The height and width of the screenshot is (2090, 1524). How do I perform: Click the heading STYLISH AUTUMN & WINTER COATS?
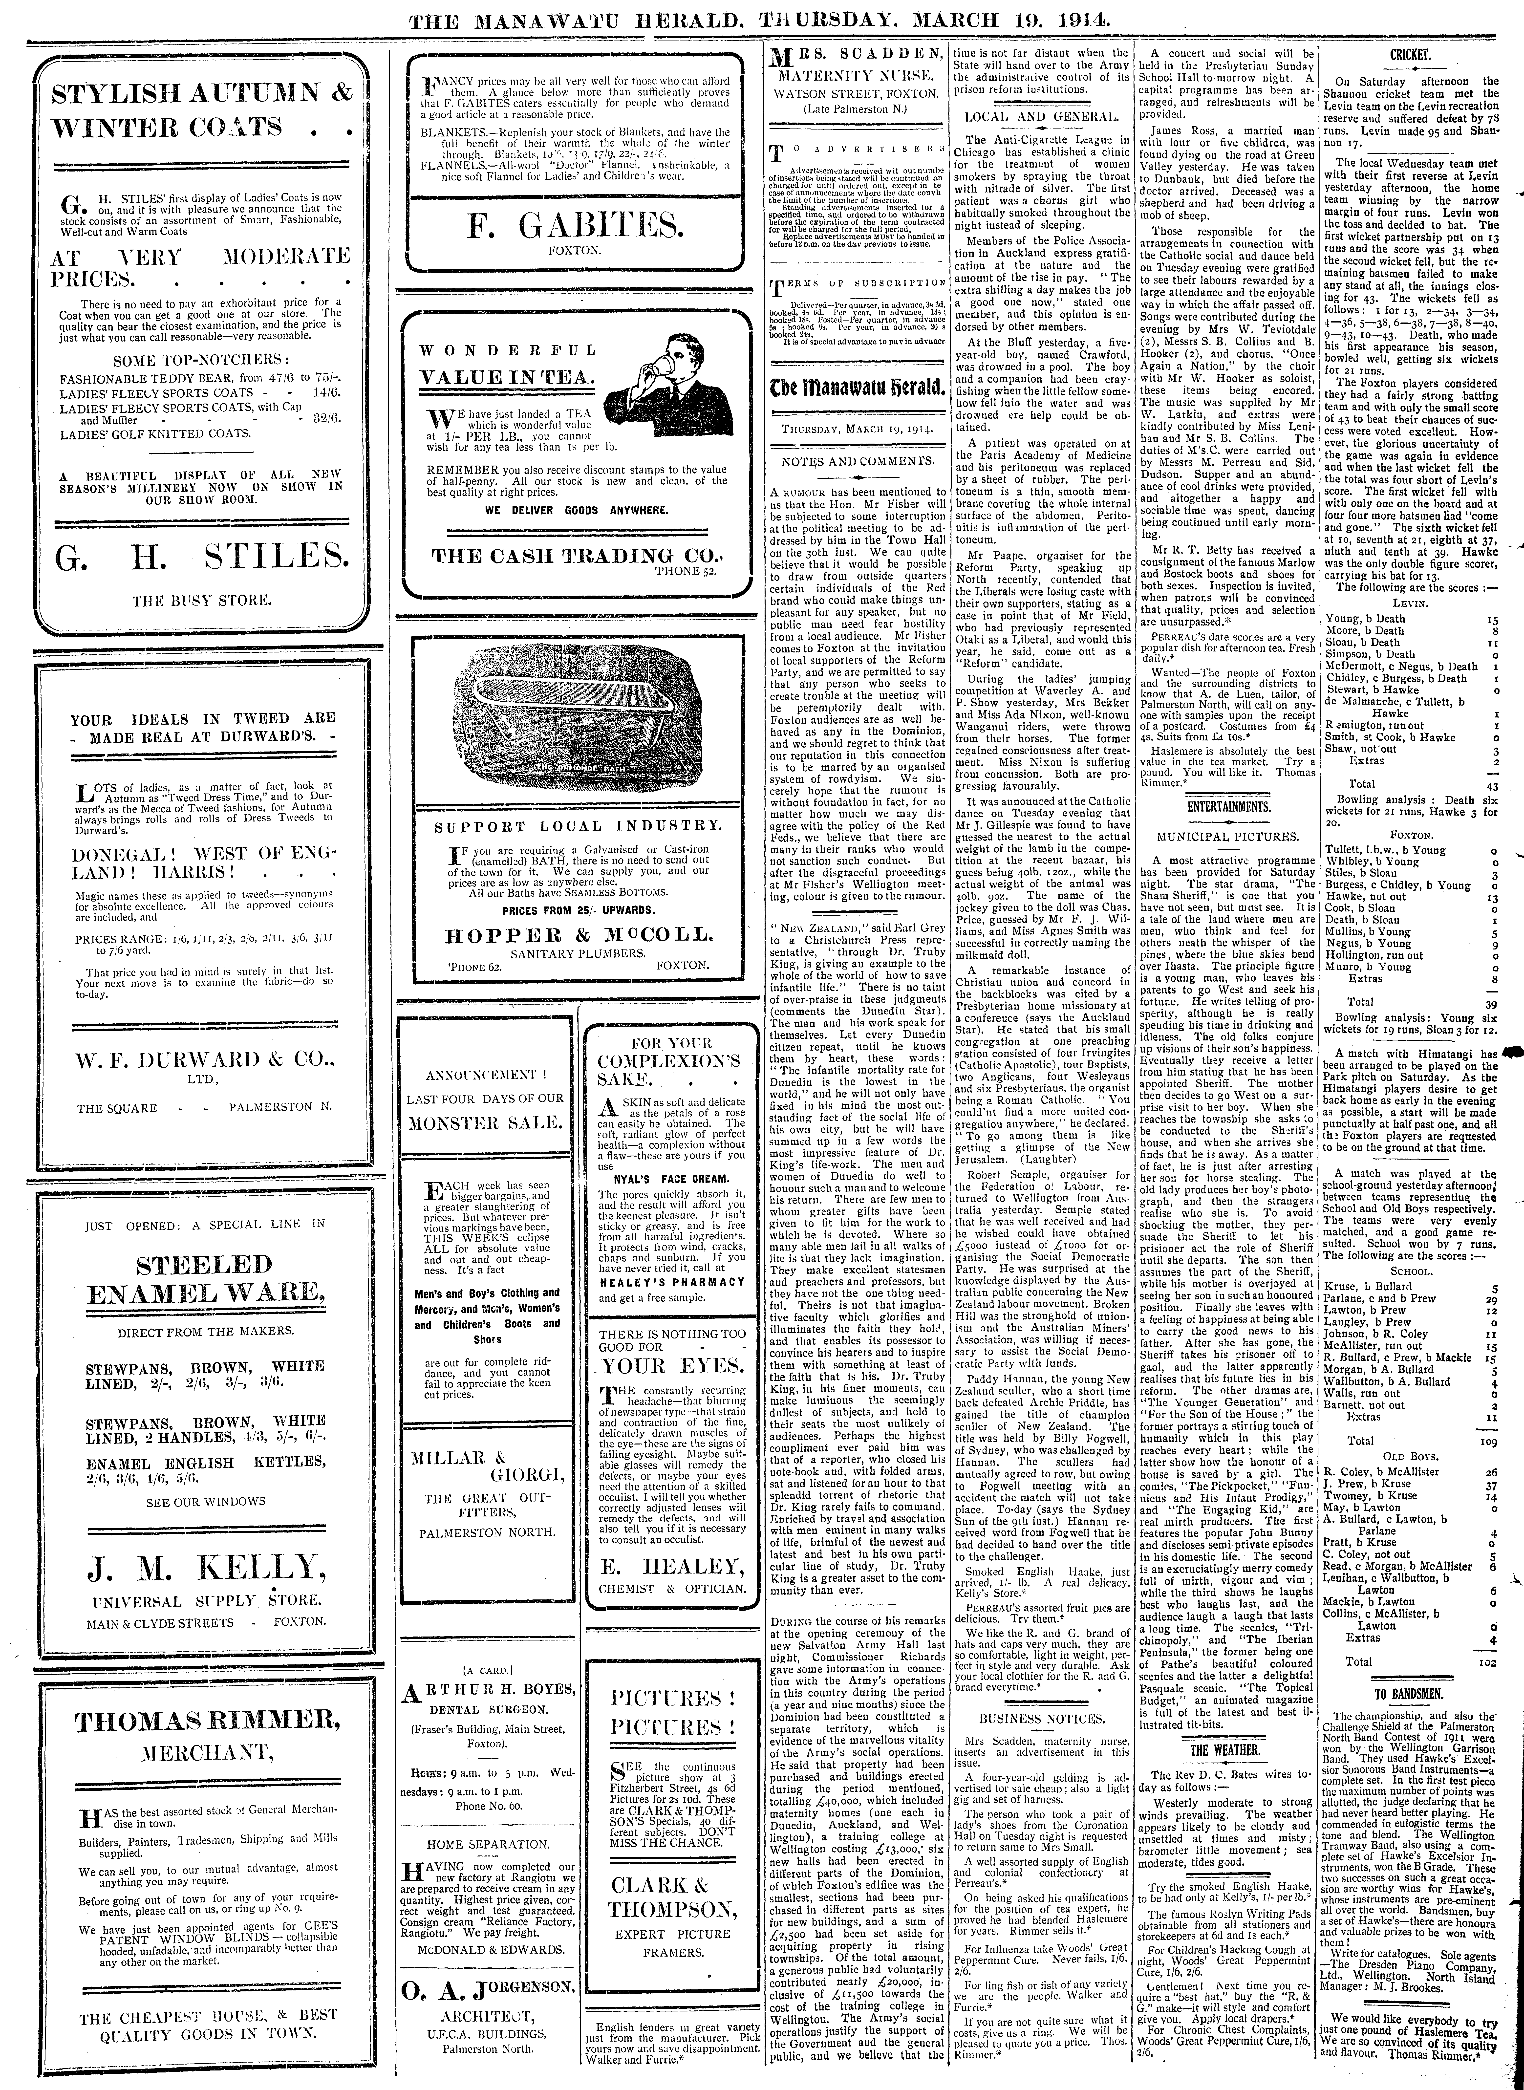[x=201, y=109]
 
